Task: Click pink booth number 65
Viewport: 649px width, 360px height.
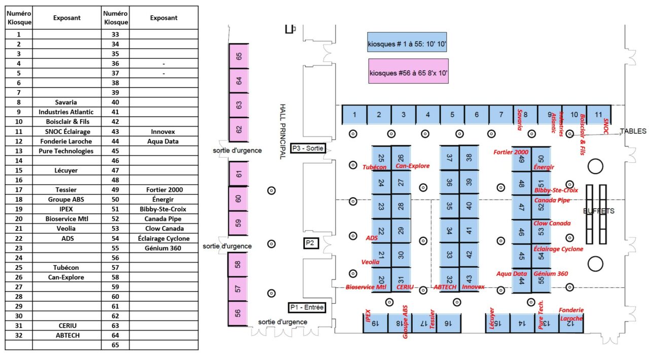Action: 239,56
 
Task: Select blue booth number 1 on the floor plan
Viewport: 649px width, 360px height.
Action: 354,115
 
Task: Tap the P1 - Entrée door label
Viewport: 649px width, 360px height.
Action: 307,307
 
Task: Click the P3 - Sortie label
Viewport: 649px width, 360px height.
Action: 307,149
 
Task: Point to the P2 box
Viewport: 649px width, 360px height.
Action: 312,243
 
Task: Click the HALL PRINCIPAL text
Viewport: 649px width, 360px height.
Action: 283,132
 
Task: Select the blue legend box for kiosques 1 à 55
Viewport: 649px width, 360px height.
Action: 407,43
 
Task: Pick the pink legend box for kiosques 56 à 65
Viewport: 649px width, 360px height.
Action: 409,71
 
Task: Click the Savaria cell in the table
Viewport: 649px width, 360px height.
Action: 66,102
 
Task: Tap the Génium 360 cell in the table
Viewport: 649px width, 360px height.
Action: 163,248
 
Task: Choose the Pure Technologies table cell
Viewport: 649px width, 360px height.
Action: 66,151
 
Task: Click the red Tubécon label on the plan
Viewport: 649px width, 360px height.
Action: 375,167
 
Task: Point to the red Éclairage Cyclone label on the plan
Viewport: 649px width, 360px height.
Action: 558,249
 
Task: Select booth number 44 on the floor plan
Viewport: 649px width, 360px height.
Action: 522,281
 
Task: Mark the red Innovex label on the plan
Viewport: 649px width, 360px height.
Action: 473,287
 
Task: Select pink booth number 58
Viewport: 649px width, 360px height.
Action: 239,264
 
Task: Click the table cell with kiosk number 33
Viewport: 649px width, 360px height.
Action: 116,34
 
